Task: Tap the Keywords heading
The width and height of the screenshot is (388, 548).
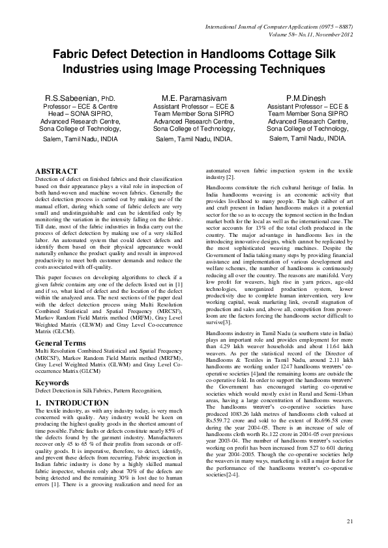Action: [52, 382]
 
